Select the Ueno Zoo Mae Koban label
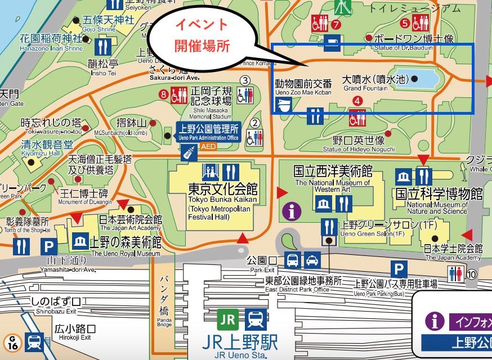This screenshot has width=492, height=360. [x=303, y=87]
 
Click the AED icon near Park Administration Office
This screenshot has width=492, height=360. [x=189, y=150]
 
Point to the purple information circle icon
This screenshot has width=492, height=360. [x=292, y=211]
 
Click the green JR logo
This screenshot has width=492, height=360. [x=228, y=320]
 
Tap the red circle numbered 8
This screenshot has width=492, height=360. [x=164, y=94]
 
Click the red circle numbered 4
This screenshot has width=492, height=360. [x=357, y=101]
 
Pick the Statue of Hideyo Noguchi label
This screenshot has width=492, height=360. [x=358, y=143]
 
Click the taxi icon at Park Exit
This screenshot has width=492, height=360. [x=312, y=260]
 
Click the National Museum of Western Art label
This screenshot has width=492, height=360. [x=333, y=177]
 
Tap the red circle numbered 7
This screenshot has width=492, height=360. [x=336, y=24]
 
